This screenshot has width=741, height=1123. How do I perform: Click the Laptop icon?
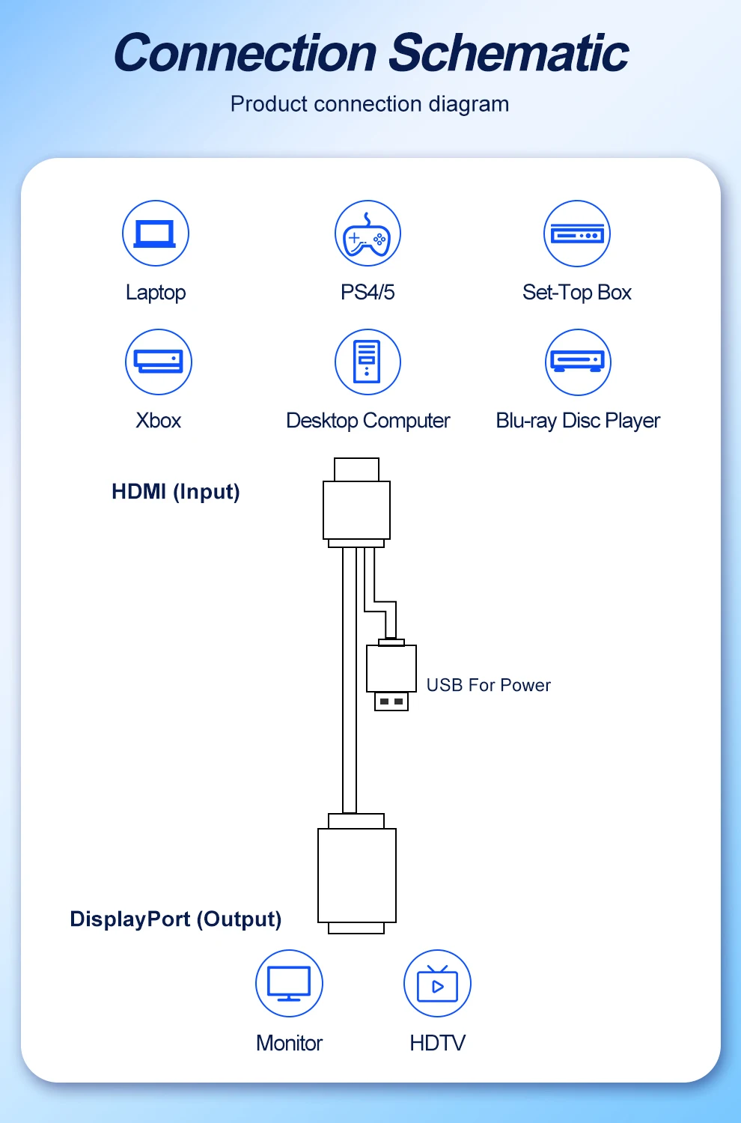[156, 234]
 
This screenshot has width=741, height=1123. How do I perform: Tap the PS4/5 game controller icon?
[368, 234]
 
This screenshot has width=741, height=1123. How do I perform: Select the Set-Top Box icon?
[577, 234]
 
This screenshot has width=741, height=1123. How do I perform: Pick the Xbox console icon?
[159, 362]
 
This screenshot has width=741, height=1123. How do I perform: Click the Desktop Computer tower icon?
[368, 362]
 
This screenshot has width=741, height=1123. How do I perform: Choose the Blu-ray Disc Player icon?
[578, 362]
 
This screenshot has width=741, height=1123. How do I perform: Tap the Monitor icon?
[289, 984]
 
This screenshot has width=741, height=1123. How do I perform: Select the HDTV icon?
[437, 984]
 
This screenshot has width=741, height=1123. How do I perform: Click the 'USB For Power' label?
[488, 685]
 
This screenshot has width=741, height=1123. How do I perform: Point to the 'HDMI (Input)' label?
[176, 492]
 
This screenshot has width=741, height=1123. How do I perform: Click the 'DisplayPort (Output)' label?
[176, 919]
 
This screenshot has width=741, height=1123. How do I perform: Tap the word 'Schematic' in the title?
[509, 54]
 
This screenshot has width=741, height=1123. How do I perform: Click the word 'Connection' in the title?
[245, 54]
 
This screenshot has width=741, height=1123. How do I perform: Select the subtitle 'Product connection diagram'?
[370, 104]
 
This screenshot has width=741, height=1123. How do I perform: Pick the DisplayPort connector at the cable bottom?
[357, 874]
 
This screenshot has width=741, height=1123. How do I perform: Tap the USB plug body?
[391, 669]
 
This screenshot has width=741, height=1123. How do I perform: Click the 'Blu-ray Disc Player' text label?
[578, 421]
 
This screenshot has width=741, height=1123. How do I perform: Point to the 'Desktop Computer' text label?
[368, 421]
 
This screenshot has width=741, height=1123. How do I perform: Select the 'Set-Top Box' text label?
[577, 292]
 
